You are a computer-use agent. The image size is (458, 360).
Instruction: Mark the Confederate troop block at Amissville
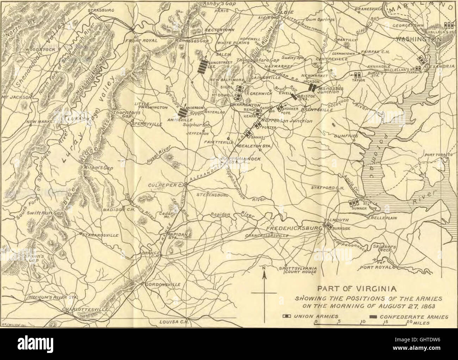click(182, 112)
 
